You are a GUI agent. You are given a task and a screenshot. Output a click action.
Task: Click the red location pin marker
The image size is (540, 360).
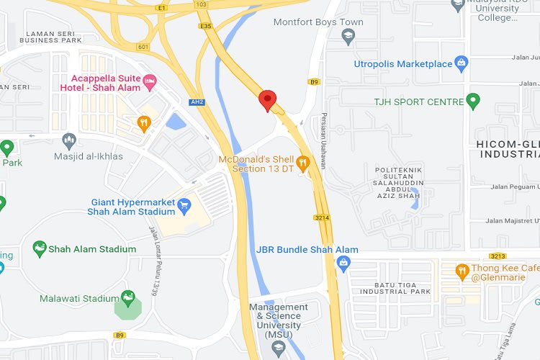pyautogui.click(x=268, y=101)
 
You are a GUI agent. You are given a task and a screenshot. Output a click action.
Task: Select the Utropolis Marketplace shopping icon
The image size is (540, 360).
pyautogui.click(x=462, y=64)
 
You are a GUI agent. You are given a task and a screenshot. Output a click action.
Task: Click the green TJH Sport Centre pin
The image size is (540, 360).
pyautogui.click(x=473, y=102)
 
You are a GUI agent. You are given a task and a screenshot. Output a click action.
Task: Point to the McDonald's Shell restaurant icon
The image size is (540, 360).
pyautogui.click(x=303, y=163)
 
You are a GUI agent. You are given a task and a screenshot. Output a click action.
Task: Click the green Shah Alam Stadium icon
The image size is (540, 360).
pyautogui.click(x=40, y=249)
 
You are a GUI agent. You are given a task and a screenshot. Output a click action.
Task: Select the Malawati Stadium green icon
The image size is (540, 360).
pyautogui.click(x=128, y=297)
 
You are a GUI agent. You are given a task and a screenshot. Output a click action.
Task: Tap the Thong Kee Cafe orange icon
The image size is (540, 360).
pyautogui.click(x=462, y=271)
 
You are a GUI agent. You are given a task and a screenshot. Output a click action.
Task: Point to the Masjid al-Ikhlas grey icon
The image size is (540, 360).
pyautogui.click(x=69, y=139)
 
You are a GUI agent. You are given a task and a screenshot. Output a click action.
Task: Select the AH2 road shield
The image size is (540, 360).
pyautogui.click(x=197, y=102)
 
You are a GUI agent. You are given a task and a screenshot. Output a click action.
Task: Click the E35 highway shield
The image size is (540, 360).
pyautogui.click(x=207, y=27)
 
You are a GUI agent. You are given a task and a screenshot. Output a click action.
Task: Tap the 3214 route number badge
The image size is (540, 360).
pyautogui.click(x=322, y=217)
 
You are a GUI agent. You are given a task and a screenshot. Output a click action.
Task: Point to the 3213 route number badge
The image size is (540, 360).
pyautogui.click(x=498, y=256)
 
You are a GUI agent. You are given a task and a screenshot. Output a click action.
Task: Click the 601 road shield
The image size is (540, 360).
pyautogui.click(x=142, y=47)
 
